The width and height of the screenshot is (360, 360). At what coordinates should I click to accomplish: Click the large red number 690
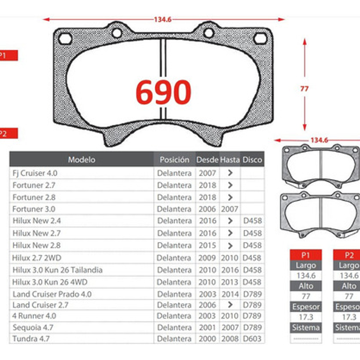coord(163,92)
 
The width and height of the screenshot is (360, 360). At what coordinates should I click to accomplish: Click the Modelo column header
coord(81,160)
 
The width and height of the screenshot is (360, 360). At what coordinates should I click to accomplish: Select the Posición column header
coord(174,160)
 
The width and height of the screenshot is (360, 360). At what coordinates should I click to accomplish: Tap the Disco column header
coord(252,160)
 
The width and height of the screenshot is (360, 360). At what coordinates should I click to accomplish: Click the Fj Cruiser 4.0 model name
coord(35,173)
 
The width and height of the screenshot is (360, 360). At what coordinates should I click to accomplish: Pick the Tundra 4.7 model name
coord(31,339)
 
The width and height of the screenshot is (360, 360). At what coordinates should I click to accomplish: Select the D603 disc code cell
coord(252,339)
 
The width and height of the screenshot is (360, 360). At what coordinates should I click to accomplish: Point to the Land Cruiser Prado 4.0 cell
coord(52,294)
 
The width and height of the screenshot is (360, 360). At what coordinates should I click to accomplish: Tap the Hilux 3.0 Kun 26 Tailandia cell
coord(57,270)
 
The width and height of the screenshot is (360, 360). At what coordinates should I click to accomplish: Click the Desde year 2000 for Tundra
coord(207,339)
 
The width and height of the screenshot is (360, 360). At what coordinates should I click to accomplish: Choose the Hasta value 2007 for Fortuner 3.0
coord(230,209)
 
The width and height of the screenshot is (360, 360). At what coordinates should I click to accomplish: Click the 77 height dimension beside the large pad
coord(304,89)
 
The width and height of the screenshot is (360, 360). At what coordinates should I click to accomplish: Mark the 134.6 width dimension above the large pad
coord(163,20)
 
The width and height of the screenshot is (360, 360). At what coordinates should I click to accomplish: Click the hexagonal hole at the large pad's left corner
coord(65,39)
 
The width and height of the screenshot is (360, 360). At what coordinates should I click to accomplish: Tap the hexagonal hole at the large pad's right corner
coord(260,39)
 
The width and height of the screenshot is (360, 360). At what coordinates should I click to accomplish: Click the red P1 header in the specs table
coord(305,255)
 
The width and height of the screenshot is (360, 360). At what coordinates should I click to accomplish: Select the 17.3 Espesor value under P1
coord(305,317)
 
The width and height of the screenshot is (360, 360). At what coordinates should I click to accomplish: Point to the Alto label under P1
coord(305,286)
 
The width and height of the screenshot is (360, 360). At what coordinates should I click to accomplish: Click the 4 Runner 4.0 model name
coord(34,316)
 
